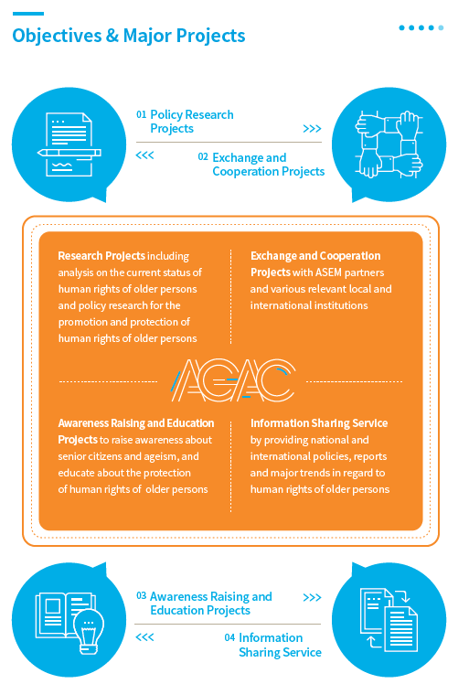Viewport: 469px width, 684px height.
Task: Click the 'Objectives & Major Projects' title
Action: point(129,36)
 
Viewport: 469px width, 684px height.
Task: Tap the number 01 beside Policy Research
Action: point(141,114)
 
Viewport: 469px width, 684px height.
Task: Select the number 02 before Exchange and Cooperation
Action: point(203,157)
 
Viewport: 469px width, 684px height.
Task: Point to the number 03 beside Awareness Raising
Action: point(141,595)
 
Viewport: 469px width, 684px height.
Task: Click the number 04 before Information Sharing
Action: point(229,637)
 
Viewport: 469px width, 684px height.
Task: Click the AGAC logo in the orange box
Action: point(232,380)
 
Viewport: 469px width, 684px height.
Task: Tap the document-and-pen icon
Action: point(69,144)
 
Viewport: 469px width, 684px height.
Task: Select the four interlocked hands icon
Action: point(389,144)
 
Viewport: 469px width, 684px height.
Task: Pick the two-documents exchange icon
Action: point(389,619)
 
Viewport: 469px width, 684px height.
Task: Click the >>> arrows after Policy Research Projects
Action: point(312,129)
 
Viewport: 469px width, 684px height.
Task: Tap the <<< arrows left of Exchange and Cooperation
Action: point(144,155)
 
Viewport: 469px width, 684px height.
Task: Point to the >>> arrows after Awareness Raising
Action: point(312,597)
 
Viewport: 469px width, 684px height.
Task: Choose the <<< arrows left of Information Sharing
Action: point(144,637)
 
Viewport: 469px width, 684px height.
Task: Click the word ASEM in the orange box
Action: point(328,273)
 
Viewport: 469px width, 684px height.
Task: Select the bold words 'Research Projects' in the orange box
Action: point(101,256)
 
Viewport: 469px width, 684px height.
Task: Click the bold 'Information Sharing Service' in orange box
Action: point(319,423)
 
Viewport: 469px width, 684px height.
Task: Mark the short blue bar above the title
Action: point(28,14)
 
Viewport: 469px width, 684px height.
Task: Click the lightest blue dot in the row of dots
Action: point(441,28)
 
